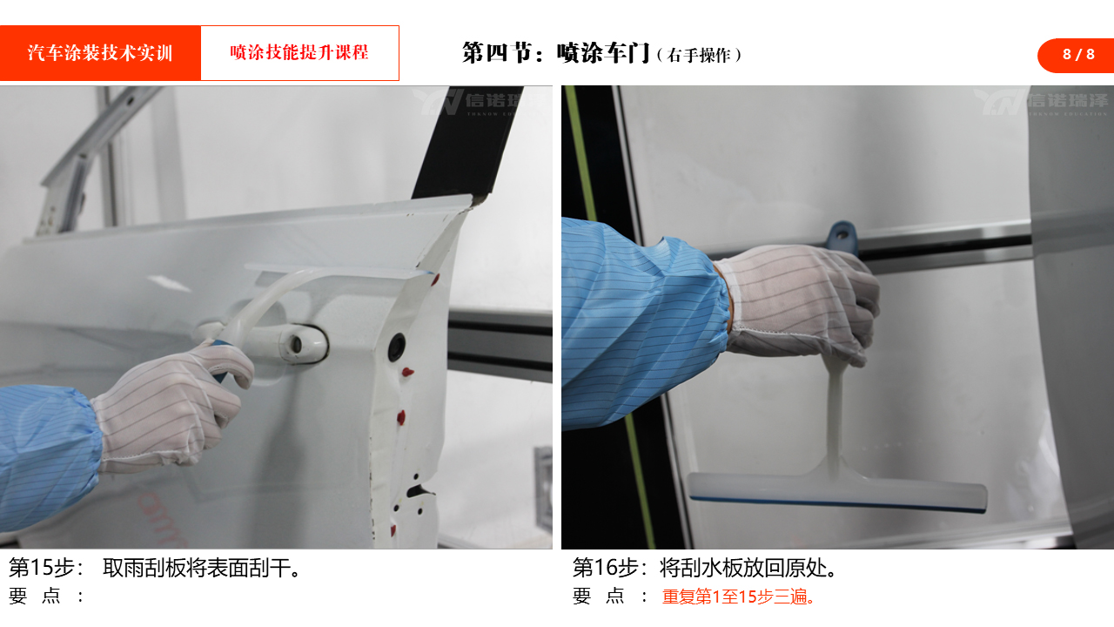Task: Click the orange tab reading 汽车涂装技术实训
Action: pyautogui.click(x=100, y=53)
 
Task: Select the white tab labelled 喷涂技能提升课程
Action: pyautogui.click(x=299, y=53)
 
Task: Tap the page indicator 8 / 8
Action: pyautogui.click(x=1077, y=55)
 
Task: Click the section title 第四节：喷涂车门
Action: pyautogui.click(x=555, y=53)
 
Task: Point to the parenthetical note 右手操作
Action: pyautogui.click(x=699, y=55)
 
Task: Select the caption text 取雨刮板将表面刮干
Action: pyautogui.click(x=201, y=568)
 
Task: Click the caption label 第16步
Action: pyautogui.click(x=605, y=568)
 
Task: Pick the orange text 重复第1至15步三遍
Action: pyautogui.click(x=739, y=597)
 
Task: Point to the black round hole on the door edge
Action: pyautogui.click(x=396, y=346)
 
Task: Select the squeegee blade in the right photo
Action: pyautogui.click(x=837, y=492)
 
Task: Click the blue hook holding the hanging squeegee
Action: pyautogui.click(x=842, y=237)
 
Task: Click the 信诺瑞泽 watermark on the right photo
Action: pyautogui.click(x=1067, y=101)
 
